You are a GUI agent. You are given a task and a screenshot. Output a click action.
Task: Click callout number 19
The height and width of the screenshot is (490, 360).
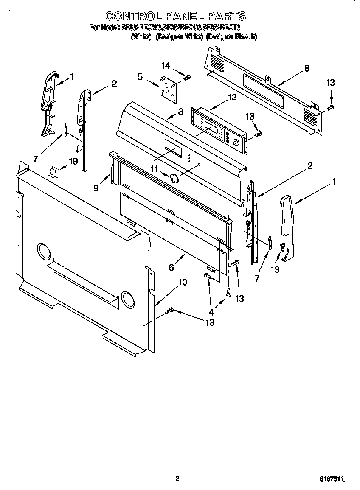point(73,162)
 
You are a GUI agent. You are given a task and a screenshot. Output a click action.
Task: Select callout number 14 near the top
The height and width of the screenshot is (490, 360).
point(165,65)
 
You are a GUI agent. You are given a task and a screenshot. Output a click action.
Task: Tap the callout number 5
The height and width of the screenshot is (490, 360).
point(140,76)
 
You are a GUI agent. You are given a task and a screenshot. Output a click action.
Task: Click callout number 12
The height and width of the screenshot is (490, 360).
point(232,97)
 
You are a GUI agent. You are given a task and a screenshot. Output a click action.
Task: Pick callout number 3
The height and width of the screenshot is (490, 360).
point(180,112)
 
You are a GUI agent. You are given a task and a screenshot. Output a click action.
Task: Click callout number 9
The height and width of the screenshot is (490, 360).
point(96,188)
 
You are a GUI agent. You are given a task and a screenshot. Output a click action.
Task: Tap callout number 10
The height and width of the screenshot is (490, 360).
point(183,282)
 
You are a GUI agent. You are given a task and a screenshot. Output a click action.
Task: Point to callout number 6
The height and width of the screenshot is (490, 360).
point(171,267)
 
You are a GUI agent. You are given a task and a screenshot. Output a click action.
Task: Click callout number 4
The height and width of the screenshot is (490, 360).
point(211,312)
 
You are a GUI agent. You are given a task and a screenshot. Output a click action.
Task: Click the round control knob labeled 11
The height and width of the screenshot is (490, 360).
point(174,178)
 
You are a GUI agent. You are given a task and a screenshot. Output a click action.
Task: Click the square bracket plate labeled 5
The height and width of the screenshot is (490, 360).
point(169,90)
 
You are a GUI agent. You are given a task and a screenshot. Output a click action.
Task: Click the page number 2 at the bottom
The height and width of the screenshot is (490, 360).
point(177,479)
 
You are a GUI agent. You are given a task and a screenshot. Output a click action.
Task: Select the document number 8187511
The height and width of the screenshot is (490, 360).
point(332,479)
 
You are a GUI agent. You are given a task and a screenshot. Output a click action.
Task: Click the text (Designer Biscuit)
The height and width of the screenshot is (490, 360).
point(231,37)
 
